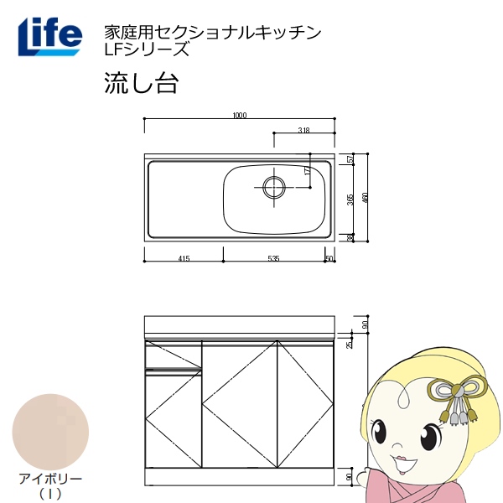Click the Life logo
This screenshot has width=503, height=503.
50,36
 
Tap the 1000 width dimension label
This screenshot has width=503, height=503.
240,116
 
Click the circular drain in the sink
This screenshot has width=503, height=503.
273,187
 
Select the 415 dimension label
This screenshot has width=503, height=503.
184,258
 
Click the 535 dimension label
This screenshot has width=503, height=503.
273,258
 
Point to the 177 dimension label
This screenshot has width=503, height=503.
307,170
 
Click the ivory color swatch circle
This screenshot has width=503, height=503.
50,432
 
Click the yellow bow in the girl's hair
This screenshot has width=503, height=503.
458,387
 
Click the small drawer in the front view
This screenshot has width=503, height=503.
174,356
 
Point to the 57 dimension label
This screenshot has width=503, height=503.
351,159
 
